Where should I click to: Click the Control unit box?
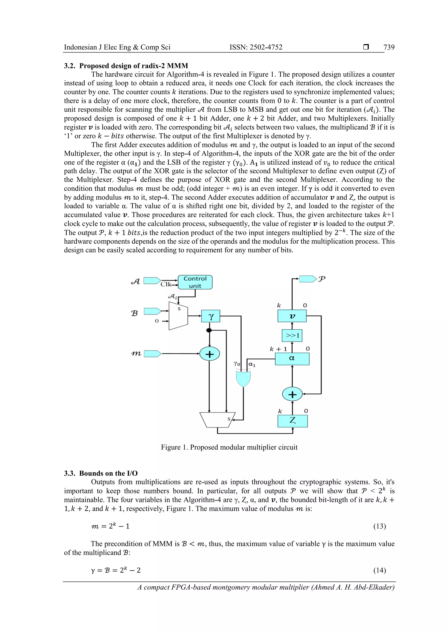[x=195, y=282]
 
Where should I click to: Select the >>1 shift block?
[x=292, y=335]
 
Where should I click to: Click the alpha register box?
[x=292, y=359]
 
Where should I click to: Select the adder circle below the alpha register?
[x=292, y=394]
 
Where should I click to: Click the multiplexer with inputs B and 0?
[x=178, y=316]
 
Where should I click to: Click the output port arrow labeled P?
[x=308, y=279]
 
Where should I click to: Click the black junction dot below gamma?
[x=209, y=330]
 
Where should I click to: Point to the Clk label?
[x=166, y=284]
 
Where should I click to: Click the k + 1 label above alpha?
[x=278, y=349]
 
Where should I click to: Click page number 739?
[x=389, y=47]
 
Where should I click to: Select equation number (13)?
[x=380, y=526]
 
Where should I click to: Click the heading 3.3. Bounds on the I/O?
[x=101, y=473]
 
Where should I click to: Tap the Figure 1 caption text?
[x=229, y=447]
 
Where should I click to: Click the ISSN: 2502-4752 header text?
[x=256, y=47]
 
